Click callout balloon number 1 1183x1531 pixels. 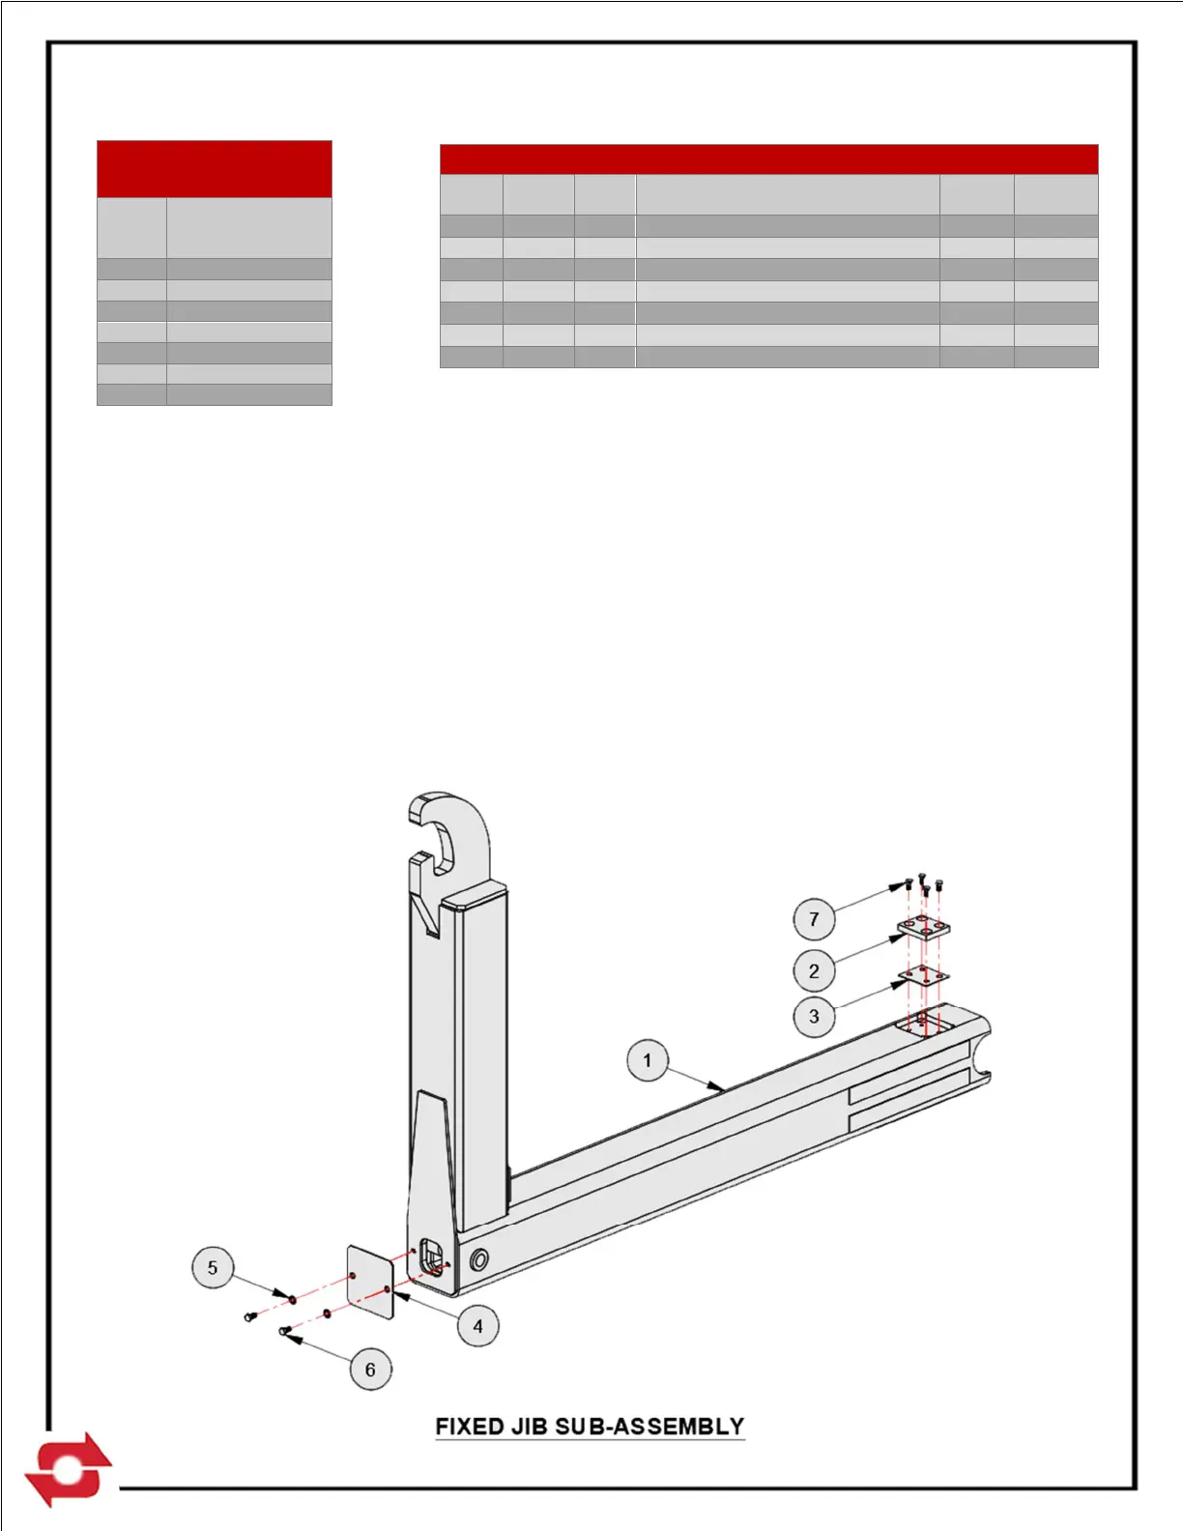point(647,1060)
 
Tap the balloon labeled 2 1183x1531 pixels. point(814,971)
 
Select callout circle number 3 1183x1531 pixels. point(814,1017)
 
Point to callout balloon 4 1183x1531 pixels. point(477,1326)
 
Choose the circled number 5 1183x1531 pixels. point(213,1268)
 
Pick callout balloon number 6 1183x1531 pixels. point(370,1370)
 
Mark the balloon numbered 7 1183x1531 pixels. point(814,919)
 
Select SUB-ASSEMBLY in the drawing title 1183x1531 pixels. point(650,1427)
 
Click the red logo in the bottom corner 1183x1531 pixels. point(68,1469)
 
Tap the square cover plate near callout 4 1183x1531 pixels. point(370,1282)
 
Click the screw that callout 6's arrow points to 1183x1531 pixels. point(285,1332)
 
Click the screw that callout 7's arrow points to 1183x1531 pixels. point(908,883)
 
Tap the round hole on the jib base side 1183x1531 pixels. point(478,1259)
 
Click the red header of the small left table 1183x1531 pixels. point(215,169)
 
